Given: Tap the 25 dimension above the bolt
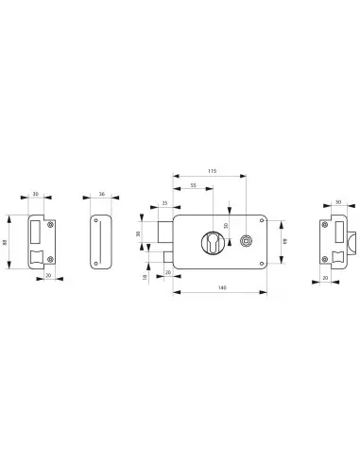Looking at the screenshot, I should (164, 203).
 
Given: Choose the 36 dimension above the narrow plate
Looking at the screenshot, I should (102, 195).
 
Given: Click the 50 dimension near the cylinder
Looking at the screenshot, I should (227, 224).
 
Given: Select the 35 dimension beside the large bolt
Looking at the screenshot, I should (139, 233).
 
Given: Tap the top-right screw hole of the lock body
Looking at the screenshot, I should (261, 222).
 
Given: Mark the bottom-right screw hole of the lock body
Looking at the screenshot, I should (261, 261).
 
